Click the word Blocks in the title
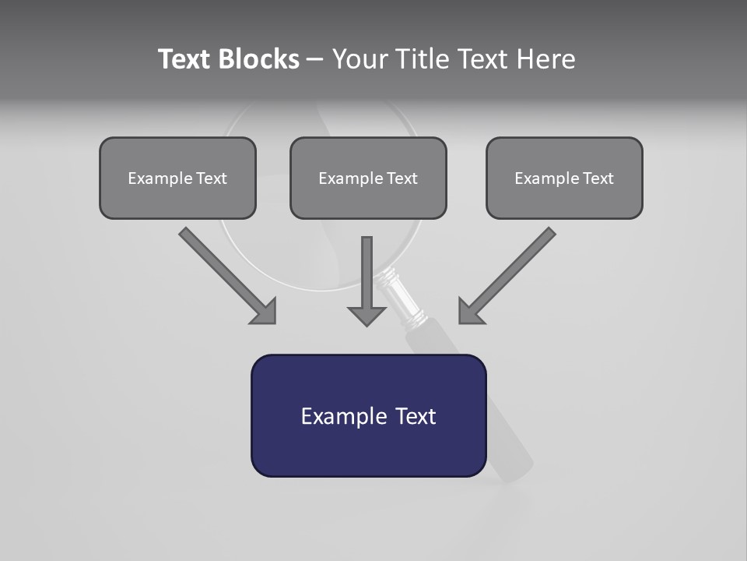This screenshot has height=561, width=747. [260, 59]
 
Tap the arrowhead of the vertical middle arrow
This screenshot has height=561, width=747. [366, 316]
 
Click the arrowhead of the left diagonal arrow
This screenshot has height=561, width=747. [265, 312]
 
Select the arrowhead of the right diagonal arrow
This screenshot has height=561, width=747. [469, 312]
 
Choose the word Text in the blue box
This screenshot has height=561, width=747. [416, 416]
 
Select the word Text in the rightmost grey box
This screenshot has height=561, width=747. [598, 178]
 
